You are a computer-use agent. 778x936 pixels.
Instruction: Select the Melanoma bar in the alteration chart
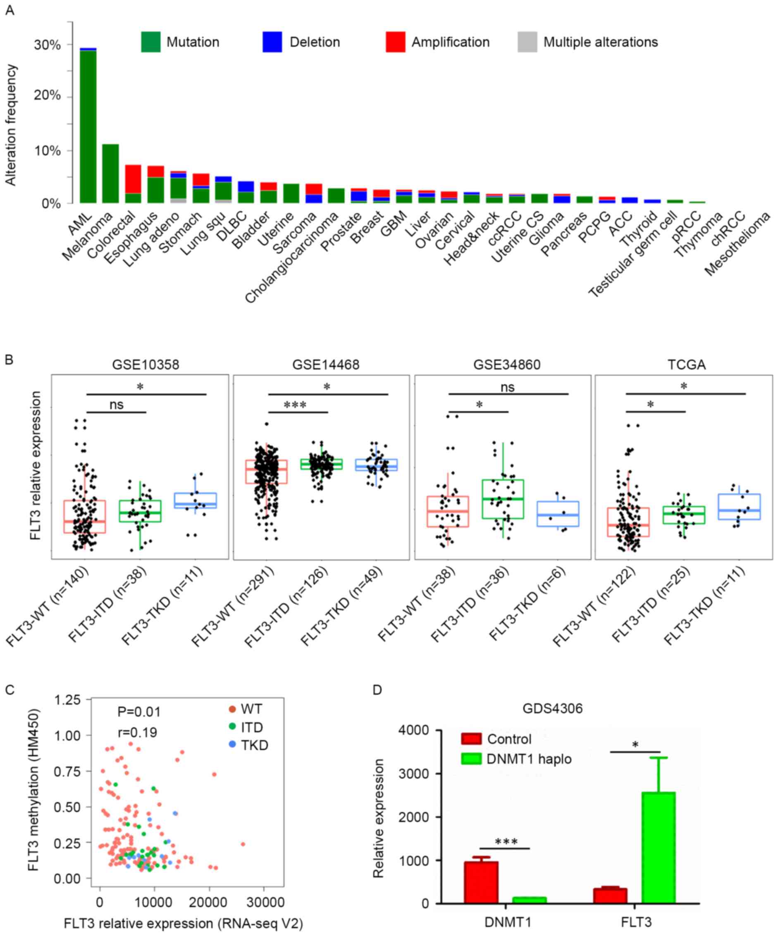click(x=110, y=174)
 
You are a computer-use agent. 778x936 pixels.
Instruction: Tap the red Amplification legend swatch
click(x=395, y=42)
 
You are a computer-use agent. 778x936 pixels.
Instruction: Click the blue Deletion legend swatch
click(x=272, y=42)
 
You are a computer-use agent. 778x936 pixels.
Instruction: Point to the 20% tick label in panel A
click(x=47, y=95)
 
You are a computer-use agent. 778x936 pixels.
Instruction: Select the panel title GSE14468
click(x=325, y=364)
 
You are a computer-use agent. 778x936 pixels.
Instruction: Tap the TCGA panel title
click(x=686, y=364)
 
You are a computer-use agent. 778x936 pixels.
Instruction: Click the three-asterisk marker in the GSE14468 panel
click(x=295, y=405)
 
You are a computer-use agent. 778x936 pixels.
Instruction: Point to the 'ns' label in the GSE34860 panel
click(x=507, y=387)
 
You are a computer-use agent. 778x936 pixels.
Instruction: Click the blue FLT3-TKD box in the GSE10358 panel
click(x=195, y=500)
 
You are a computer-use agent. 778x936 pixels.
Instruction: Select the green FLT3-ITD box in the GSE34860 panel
click(x=502, y=499)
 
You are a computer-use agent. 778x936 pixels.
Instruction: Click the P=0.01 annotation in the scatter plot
click(x=138, y=712)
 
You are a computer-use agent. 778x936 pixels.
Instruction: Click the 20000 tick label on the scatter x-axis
click(x=210, y=903)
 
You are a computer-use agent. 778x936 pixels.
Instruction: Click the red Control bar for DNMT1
click(x=481, y=883)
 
